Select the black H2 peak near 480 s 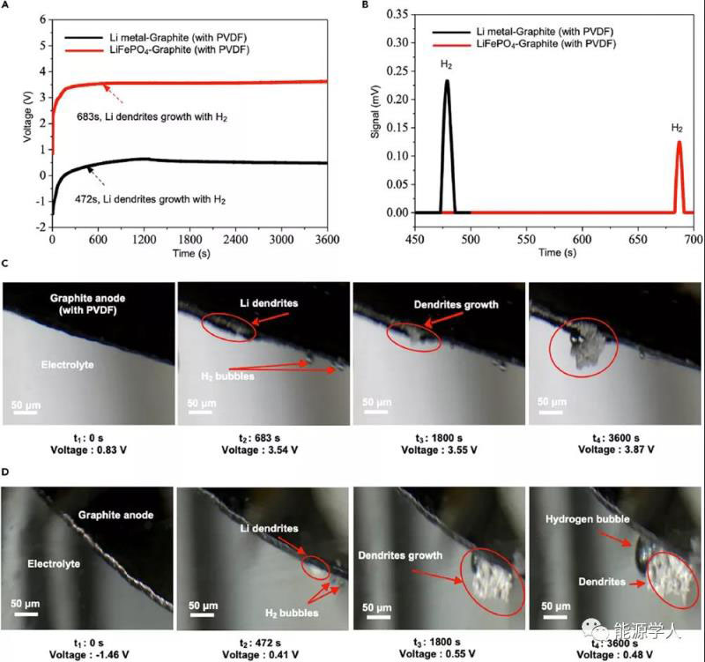pos(447,82)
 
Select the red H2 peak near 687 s pos(679,142)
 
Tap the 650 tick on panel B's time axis pos(581,239)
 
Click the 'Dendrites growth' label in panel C pos(456,305)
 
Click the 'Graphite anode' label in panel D pos(115,515)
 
